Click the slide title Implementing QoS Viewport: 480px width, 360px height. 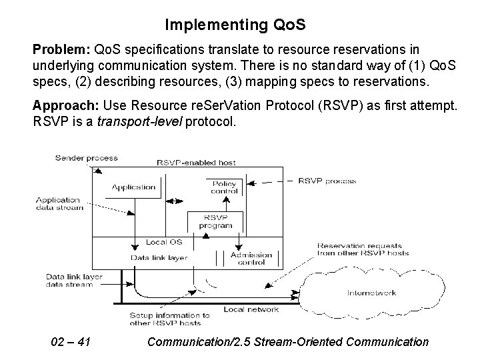pyautogui.click(x=235, y=25)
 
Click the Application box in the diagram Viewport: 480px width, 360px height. pyautogui.click(x=133, y=187)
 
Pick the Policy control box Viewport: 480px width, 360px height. pyautogui.click(x=224, y=187)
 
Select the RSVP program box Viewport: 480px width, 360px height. pyautogui.click(x=216, y=221)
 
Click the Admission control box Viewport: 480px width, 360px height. pyautogui.click(x=251, y=259)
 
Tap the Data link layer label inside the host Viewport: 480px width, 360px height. pyautogui.click(x=159, y=257)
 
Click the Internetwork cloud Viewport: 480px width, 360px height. pyautogui.click(x=371, y=292)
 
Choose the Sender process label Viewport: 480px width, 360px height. pyautogui.click(x=86, y=158)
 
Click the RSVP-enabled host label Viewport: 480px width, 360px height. pyautogui.click(x=196, y=162)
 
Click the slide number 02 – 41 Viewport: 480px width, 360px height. pyautogui.click(x=71, y=342)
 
